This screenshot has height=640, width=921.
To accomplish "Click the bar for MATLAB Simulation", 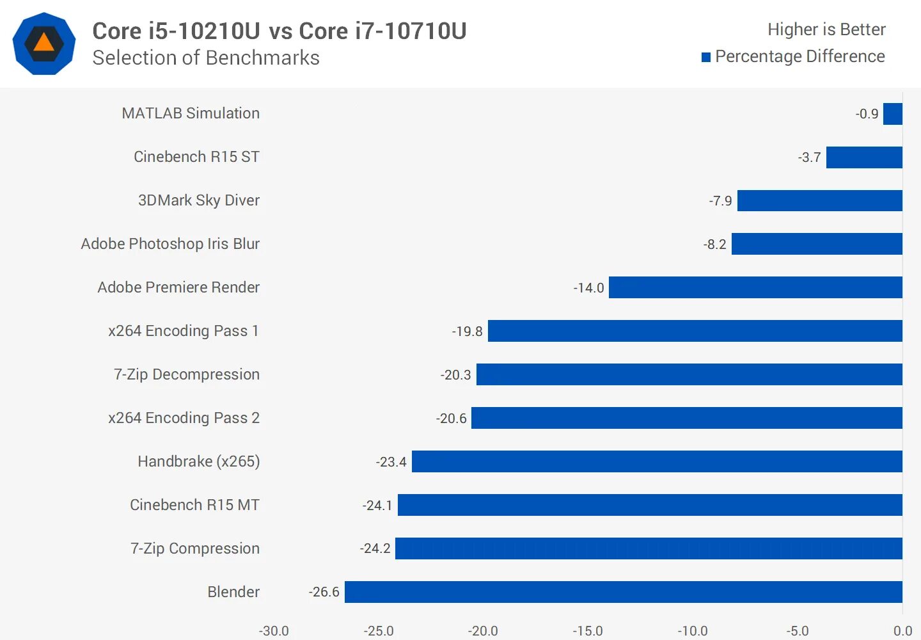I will (892, 114).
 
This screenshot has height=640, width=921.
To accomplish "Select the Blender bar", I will (623, 592).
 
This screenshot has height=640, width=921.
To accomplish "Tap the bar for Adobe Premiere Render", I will (755, 287).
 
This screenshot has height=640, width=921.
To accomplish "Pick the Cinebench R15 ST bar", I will (863, 157).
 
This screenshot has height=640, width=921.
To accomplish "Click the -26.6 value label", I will (324, 592).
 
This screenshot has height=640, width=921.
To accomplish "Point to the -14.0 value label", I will (588, 288).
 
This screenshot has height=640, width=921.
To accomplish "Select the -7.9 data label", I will (720, 201).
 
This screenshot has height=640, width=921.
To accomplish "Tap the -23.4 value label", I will (391, 462).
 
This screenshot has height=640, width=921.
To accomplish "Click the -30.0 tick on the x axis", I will (274, 631).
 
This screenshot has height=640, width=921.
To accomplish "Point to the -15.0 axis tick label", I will (587, 631).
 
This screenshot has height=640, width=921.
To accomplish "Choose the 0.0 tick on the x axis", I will (902, 631).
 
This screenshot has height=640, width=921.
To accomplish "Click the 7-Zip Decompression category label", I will (187, 374).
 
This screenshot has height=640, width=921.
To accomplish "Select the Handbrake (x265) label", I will (198, 461).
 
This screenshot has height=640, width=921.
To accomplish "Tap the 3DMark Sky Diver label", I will (198, 200).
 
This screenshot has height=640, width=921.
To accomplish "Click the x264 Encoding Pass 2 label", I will (184, 418).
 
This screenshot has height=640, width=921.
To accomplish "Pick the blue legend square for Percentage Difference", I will (706, 58).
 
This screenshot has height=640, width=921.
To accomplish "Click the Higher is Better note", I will (826, 29).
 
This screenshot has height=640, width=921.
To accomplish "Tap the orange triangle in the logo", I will (43, 43).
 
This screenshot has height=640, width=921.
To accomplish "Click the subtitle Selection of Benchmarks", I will (206, 58).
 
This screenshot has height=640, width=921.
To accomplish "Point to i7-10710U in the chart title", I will (382, 31).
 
